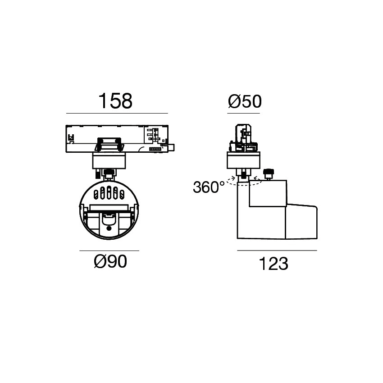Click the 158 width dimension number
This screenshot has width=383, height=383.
pyautogui.click(x=115, y=100)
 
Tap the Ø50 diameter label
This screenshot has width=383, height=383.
pyautogui.click(x=245, y=101)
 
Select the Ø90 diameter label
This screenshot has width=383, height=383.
pyautogui.click(x=110, y=261)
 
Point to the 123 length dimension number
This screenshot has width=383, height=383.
pyautogui.click(x=274, y=264)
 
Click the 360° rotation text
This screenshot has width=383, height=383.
pyautogui.click(x=209, y=187)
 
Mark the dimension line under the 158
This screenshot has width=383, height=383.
pyautogui.click(x=117, y=114)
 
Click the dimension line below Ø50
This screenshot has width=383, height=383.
pyautogui.click(x=243, y=114)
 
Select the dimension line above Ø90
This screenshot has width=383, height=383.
pyautogui.click(x=109, y=251)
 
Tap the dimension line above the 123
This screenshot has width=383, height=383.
pyautogui.click(x=277, y=251)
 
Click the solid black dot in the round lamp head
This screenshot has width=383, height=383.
pyautogui.click(x=109, y=228)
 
